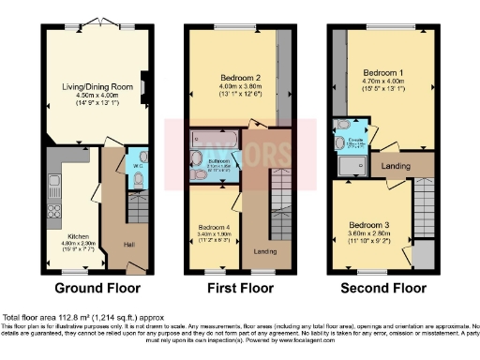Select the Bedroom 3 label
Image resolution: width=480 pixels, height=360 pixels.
pos(367,225)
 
